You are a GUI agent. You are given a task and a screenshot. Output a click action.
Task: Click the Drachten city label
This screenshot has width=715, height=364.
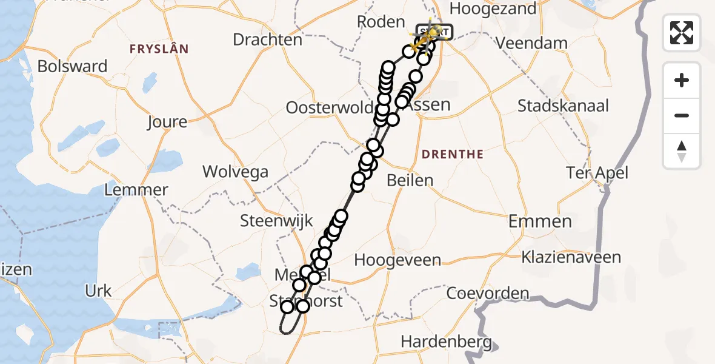click(x=268, y=40)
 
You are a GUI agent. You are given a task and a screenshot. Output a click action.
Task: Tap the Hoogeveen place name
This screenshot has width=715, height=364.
click(x=397, y=260)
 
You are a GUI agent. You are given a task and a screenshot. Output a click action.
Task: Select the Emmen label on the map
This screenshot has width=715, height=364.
click(x=540, y=221)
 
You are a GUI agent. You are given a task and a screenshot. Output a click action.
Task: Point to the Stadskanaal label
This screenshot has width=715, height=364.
click(x=563, y=106)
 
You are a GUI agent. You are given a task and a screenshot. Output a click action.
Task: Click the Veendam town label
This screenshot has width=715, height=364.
click(x=531, y=44)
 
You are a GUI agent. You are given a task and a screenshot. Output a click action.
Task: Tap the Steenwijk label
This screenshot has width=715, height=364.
click(x=276, y=221)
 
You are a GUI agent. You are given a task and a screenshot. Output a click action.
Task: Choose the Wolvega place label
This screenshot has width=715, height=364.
click(x=235, y=172)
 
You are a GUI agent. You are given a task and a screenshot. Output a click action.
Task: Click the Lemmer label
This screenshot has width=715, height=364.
click(x=136, y=190)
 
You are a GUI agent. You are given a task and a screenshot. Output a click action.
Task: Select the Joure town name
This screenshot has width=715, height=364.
click(x=167, y=122)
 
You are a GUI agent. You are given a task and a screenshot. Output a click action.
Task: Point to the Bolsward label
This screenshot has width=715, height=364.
click(x=72, y=66)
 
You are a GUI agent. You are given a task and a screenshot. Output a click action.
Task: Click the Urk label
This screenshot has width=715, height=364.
click(x=99, y=291)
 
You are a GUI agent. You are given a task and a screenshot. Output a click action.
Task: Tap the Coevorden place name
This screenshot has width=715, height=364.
click(x=488, y=294)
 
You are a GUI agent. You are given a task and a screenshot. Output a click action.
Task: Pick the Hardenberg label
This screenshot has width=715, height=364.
click(x=447, y=342)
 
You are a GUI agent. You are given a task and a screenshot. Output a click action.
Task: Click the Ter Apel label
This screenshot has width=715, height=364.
click(x=597, y=173)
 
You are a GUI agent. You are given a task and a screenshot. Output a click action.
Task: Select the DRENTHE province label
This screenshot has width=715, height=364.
click(x=453, y=155)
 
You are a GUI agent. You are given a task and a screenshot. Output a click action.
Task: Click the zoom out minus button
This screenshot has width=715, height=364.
click(x=682, y=116)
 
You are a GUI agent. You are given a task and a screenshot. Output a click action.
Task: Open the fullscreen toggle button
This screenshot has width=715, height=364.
click(x=682, y=32)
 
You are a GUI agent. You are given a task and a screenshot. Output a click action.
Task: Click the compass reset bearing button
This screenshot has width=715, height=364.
click(x=682, y=151)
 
